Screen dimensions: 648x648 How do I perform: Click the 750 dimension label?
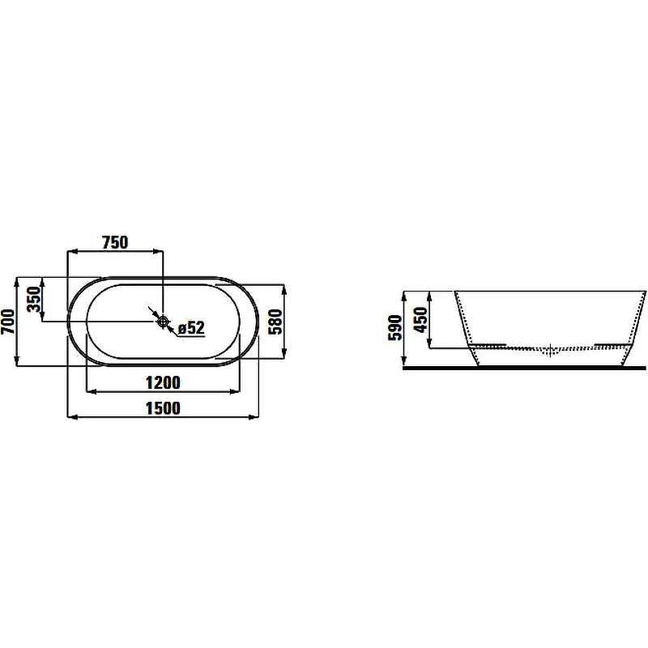coord(115,242)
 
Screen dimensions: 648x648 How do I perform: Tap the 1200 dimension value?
coord(163,382)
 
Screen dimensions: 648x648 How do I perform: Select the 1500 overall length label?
coord(163,408)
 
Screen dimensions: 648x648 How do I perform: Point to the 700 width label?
coord(8,322)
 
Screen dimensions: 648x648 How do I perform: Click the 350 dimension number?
coord(34,299)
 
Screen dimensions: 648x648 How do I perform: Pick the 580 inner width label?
coord(275,322)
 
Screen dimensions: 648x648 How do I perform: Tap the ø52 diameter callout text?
coord(191,328)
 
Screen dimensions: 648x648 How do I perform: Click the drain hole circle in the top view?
coord(164,321)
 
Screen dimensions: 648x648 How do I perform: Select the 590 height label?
coord(395,328)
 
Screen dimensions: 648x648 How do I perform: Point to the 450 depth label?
coord(420,319)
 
